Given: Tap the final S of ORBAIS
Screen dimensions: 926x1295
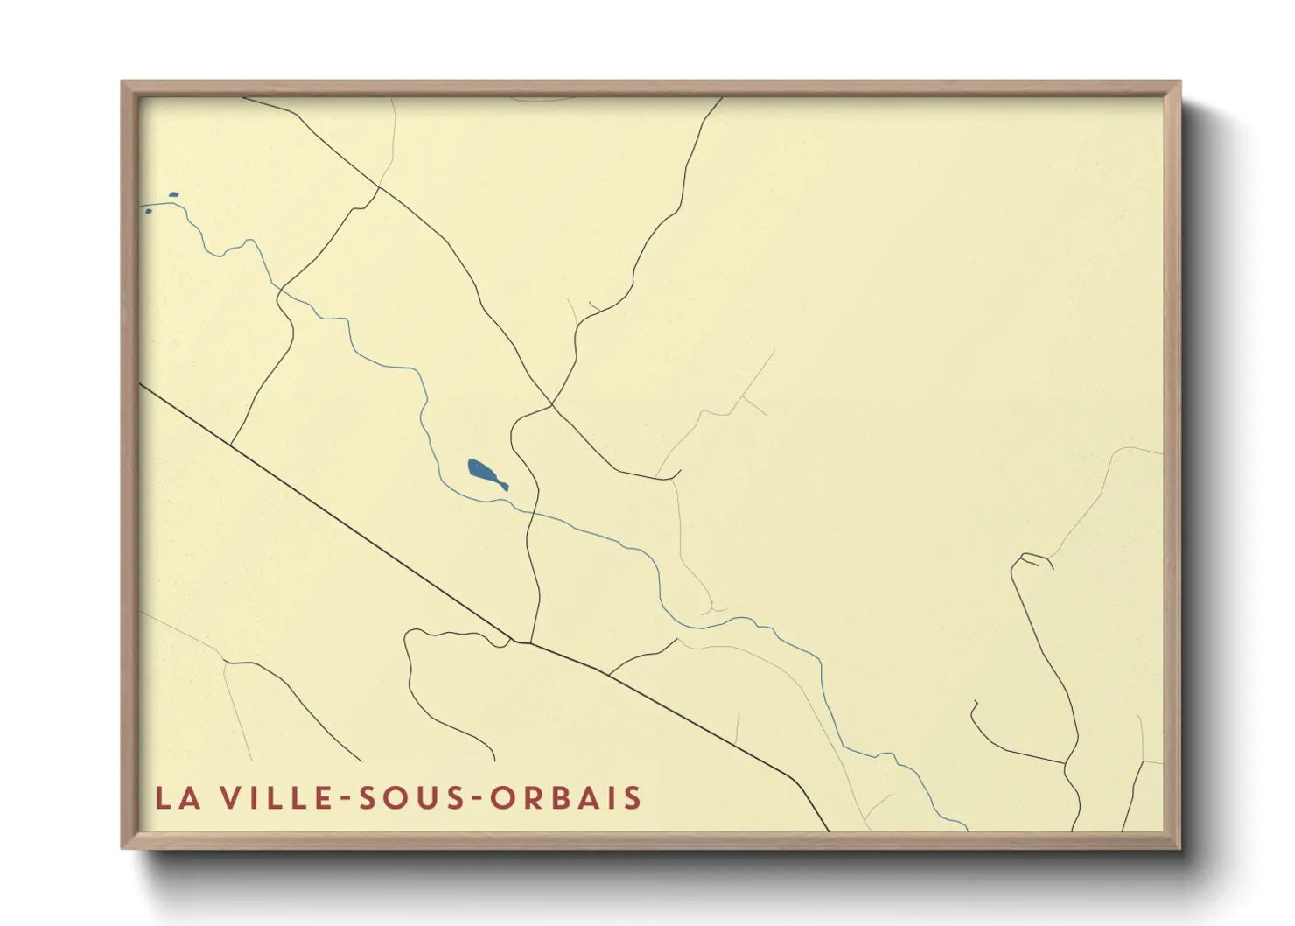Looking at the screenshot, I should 633,798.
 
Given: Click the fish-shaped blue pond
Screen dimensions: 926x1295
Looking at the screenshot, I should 484,474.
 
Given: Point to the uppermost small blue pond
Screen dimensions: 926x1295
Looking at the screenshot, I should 173,195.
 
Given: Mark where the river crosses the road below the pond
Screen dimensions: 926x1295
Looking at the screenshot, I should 532,510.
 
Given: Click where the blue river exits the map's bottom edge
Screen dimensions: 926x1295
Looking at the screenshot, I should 967,829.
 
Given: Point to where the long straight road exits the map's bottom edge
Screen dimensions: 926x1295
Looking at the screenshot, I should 828,830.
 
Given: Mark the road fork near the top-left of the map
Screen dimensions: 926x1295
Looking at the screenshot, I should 379,186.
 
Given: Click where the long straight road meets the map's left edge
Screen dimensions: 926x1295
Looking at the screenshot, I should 141,383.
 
